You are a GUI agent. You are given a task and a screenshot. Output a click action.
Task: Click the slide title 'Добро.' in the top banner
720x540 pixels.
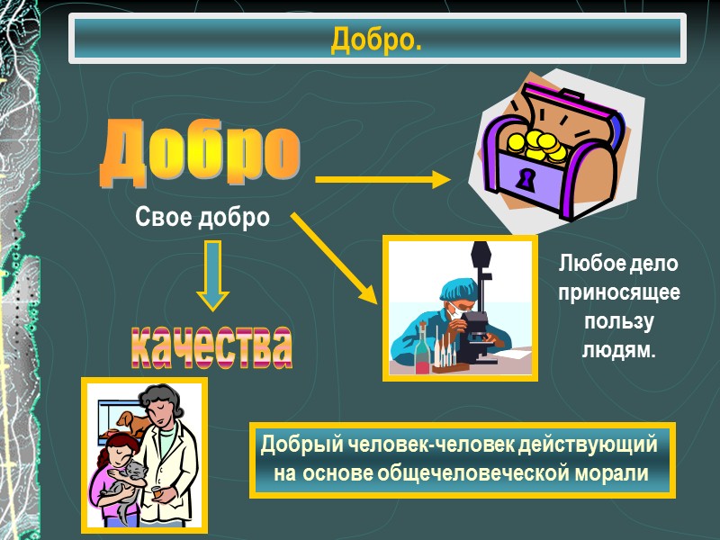377,40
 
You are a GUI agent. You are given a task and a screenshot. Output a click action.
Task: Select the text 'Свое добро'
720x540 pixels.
202,218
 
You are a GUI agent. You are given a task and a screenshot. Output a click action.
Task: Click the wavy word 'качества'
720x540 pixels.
212,346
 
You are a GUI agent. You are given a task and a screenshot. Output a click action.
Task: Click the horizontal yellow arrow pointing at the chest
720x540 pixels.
382,180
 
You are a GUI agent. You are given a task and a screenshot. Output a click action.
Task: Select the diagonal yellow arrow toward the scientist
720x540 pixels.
333,257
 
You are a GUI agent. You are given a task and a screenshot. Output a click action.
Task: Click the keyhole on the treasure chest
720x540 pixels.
524,178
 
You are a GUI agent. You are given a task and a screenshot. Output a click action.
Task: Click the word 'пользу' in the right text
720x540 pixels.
619,322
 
